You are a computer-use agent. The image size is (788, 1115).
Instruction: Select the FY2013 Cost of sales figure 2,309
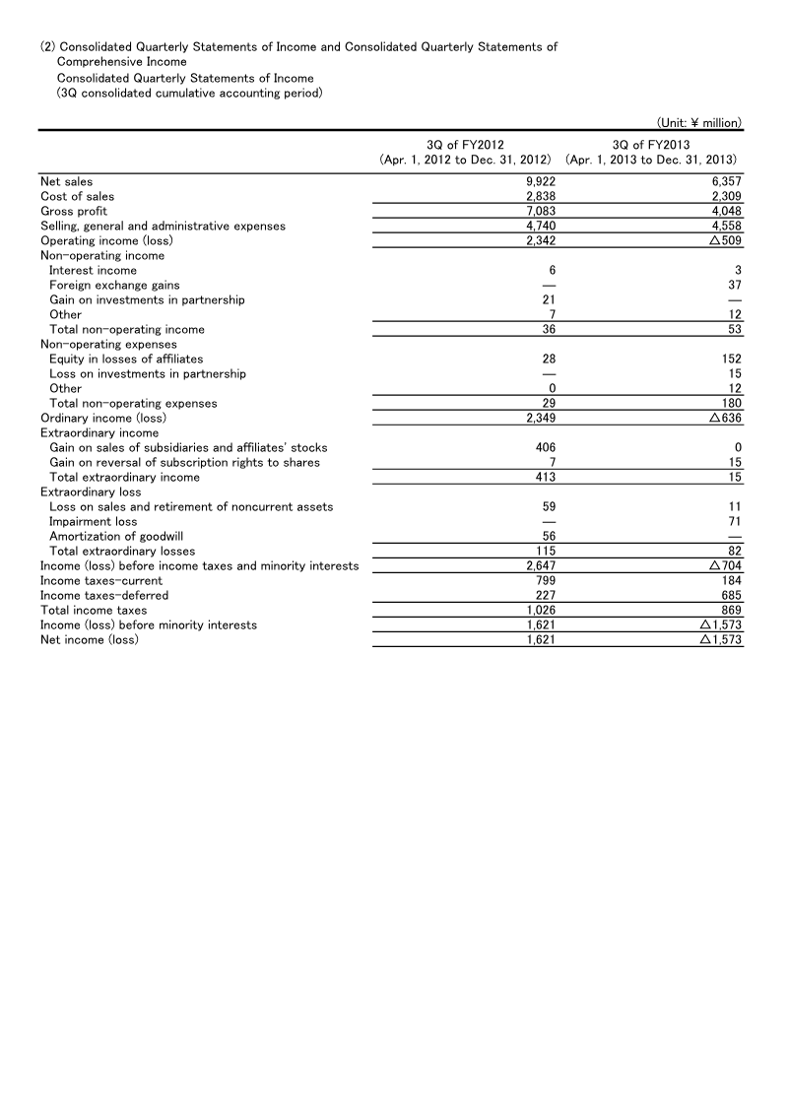725,197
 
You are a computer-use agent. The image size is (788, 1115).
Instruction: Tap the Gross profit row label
74,212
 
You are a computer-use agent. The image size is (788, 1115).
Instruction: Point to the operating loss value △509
724,241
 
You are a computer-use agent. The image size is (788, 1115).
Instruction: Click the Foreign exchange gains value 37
734,286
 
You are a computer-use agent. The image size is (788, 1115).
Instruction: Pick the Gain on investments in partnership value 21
552,300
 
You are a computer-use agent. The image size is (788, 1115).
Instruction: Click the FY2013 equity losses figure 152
731,360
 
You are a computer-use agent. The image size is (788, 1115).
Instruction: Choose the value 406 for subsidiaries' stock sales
549,448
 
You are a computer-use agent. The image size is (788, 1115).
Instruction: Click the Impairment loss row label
94,522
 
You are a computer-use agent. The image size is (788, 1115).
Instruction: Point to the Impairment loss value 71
734,522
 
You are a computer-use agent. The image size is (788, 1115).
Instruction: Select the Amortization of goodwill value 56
552,537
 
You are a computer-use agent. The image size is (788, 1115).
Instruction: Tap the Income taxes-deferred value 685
731,596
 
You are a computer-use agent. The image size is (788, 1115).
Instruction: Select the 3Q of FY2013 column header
653,145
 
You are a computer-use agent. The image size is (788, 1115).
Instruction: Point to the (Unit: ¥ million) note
698,123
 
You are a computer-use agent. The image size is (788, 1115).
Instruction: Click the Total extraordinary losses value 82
734,552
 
